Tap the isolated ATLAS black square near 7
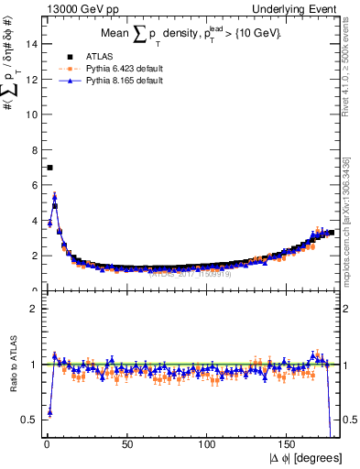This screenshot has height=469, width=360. point(49,168)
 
